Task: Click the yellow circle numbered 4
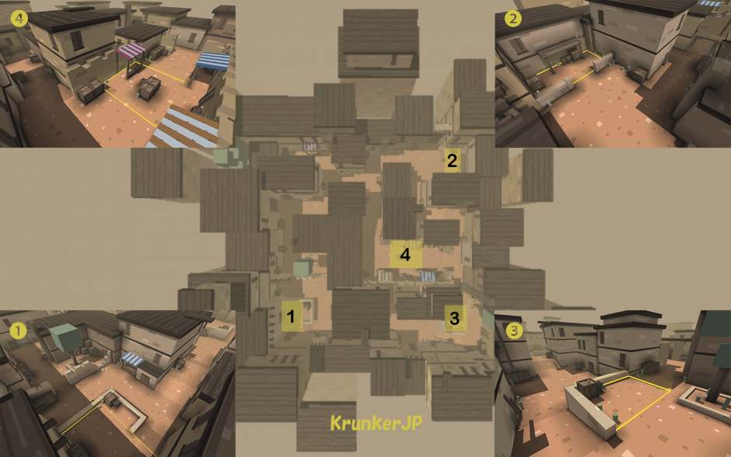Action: click(x=19, y=19)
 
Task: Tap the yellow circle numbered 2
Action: click(x=512, y=19)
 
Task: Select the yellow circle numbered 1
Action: click(x=18, y=331)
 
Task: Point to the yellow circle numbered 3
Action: click(x=514, y=331)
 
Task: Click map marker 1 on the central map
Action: click(x=292, y=316)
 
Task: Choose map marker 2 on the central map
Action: click(x=452, y=161)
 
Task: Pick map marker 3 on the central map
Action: click(x=455, y=319)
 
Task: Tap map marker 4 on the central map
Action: click(x=406, y=255)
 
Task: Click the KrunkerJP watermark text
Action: click(x=376, y=423)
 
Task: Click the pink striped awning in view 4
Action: click(x=131, y=50)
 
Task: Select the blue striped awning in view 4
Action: click(x=213, y=61)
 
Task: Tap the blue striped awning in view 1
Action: click(x=133, y=359)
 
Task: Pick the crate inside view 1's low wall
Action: click(x=110, y=399)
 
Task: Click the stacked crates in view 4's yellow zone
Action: click(x=149, y=87)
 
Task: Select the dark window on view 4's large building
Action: click(x=76, y=40)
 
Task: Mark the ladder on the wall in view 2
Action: click(x=580, y=38)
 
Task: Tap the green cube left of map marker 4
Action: click(x=303, y=268)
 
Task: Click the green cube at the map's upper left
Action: click(x=226, y=158)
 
